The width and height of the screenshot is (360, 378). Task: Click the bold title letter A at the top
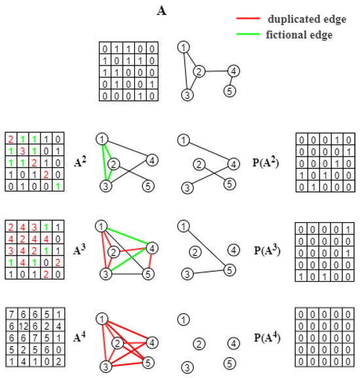pyautogui.click(x=162, y=11)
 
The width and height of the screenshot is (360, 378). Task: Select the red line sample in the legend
pyautogui.click(x=248, y=18)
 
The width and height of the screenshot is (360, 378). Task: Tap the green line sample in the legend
pyautogui.click(x=248, y=34)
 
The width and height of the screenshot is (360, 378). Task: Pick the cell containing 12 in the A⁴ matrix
pyautogui.click(x=23, y=326)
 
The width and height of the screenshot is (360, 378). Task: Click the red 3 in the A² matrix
pyautogui.click(x=23, y=151)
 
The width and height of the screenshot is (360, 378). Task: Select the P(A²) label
pyautogui.click(x=266, y=162)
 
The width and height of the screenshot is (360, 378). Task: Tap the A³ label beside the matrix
pyautogui.click(x=79, y=250)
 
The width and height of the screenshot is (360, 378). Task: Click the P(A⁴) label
pyautogui.click(x=267, y=337)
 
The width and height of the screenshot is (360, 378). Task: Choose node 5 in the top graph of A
pyautogui.click(x=230, y=91)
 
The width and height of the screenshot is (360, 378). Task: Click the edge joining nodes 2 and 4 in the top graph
pyautogui.click(x=217, y=71)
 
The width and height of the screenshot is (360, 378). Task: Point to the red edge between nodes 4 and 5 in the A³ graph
pyautogui.click(x=151, y=261)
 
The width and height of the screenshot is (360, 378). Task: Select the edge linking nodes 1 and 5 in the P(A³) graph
pyautogui.click(x=206, y=248)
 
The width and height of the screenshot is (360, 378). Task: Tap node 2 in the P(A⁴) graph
pyautogui.click(x=200, y=344)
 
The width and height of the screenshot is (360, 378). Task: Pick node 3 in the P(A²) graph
pyautogui.click(x=187, y=188)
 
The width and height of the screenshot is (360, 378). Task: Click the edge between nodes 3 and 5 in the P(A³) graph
pyautogui.click(x=209, y=272)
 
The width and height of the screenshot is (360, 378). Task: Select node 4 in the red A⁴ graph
pyautogui.click(x=152, y=343)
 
